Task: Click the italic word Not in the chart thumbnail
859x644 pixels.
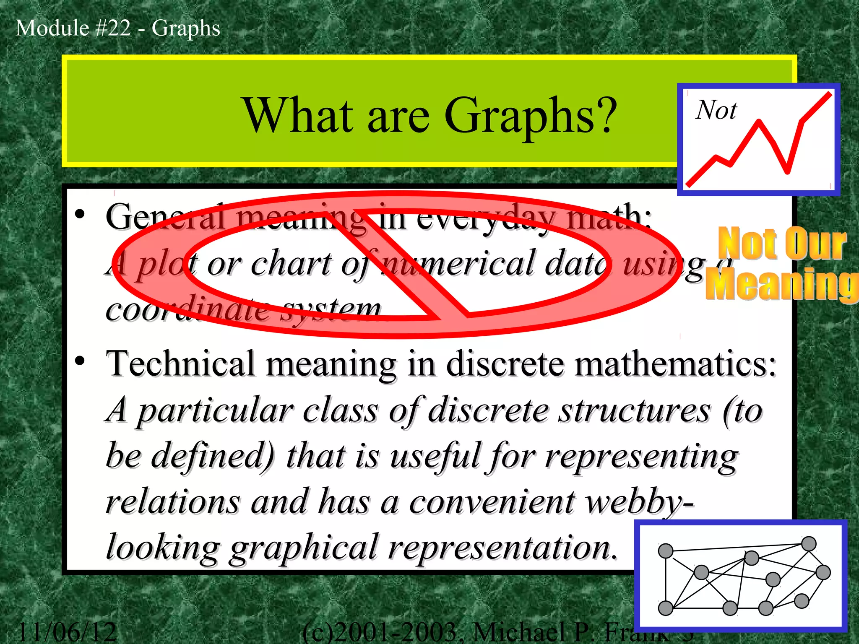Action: point(716,111)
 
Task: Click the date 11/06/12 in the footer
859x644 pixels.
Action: point(67,632)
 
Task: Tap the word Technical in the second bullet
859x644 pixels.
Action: point(181,364)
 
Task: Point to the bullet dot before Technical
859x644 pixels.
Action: point(80,361)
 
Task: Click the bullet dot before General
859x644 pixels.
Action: point(80,215)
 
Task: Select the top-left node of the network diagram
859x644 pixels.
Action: point(666,551)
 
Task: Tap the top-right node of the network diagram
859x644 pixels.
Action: point(809,544)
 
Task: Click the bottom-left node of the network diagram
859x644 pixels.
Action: point(666,608)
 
